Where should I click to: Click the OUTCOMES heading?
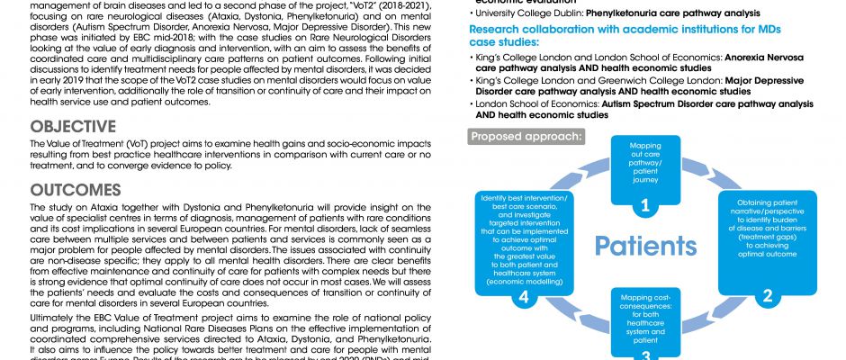(76, 191)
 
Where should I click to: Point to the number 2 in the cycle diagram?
(768, 295)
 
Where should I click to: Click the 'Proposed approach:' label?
(525, 138)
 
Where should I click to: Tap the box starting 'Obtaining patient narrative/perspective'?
(766, 229)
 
